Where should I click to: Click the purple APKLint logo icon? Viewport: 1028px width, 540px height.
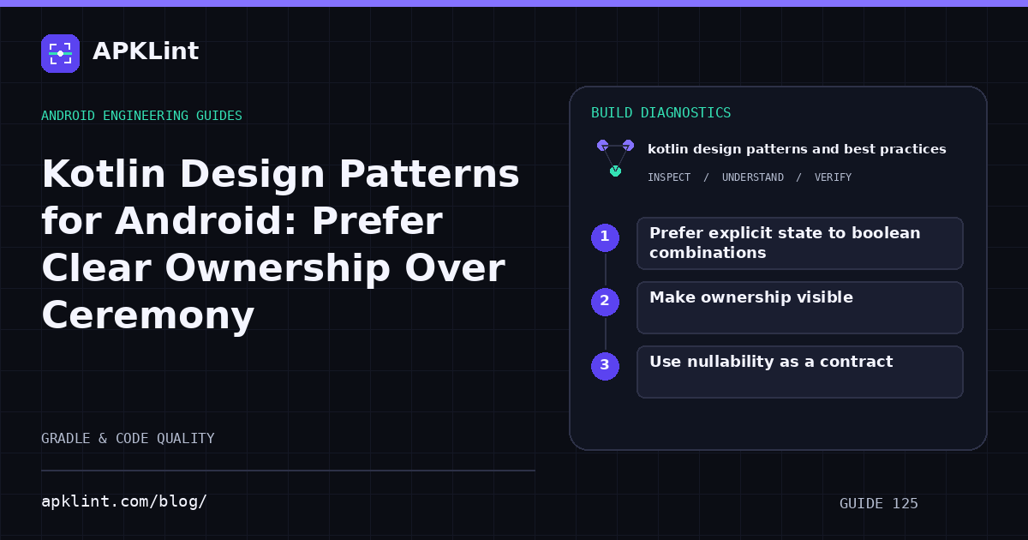tap(60, 53)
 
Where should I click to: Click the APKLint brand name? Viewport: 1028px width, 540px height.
tap(146, 51)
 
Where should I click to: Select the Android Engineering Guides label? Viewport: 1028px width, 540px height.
tap(142, 116)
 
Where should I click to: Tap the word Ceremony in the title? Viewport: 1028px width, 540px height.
tap(147, 316)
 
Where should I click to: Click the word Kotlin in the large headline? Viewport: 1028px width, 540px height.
tap(104, 174)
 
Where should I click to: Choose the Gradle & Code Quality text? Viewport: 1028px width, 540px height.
tap(128, 439)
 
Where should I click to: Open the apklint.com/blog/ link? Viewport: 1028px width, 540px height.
tap(124, 501)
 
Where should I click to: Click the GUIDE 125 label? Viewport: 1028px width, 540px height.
tap(878, 504)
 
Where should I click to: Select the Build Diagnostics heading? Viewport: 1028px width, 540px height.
tap(660, 113)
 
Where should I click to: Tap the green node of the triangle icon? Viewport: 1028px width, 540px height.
tap(615, 171)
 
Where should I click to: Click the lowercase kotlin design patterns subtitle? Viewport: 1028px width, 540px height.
tap(797, 149)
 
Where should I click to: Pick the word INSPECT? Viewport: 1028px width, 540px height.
tap(669, 177)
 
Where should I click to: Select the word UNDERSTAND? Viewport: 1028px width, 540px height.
tap(753, 177)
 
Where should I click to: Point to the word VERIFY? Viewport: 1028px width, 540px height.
tap(833, 177)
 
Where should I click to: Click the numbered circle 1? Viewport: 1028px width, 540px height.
tap(605, 238)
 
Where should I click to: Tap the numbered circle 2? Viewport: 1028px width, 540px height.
tap(605, 302)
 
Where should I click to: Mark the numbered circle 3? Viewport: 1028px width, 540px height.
tap(605, 367)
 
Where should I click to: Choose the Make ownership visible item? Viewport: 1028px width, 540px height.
tap(751, 297)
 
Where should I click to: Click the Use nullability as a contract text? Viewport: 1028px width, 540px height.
tap(771, 362)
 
